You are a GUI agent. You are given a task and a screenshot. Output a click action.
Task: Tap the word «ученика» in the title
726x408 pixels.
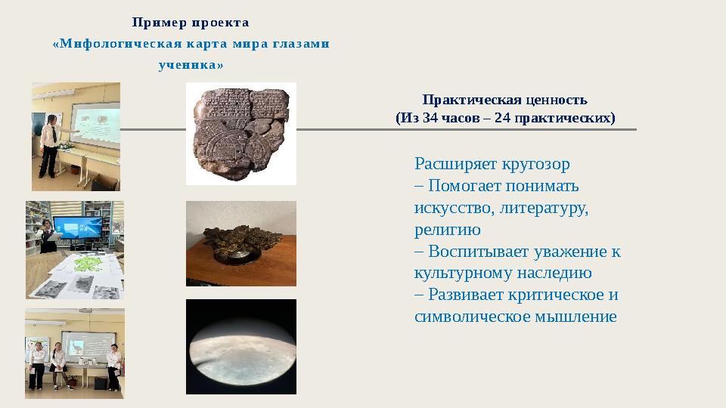(189, 65)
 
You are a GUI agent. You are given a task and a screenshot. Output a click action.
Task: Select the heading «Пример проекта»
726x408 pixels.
(191, 22)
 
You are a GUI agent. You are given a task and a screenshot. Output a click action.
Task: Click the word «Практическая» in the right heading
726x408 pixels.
(472, 100)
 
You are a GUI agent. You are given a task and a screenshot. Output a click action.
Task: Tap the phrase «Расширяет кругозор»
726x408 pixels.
(492, 164)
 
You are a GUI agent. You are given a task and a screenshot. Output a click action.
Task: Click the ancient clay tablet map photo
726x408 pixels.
(240, 134)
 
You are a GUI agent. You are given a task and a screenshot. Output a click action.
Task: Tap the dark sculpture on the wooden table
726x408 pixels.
(240, 243)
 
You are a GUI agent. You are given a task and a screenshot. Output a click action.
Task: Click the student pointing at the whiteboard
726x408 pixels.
(50, 143)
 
